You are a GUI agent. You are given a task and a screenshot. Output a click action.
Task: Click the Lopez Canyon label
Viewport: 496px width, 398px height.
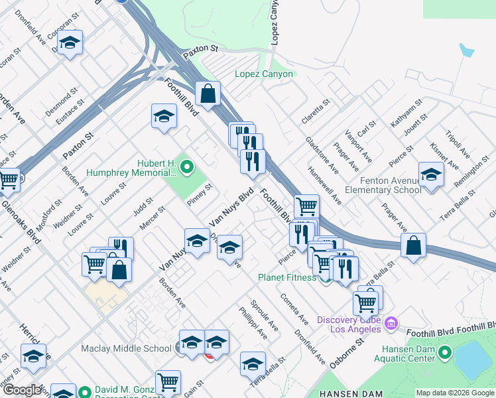[264, 74]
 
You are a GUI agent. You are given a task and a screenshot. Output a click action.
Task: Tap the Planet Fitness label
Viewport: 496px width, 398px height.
[287, 277]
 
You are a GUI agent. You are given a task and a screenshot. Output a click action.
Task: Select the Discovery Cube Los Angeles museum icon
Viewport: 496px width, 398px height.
[391, 323]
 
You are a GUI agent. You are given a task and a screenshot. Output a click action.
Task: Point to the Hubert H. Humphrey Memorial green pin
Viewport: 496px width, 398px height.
[186, 166]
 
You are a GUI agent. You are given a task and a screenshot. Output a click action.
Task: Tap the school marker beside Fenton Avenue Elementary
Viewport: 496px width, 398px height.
[432, 175]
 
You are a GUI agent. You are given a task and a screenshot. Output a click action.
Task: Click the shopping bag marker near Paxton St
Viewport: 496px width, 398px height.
[208, 94]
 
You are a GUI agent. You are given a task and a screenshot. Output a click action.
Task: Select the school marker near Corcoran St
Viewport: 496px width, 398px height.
[69, 43]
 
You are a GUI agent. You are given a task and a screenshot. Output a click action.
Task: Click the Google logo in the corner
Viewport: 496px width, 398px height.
[22, 390]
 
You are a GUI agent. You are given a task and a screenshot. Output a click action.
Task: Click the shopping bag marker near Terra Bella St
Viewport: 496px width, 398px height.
[413, 245]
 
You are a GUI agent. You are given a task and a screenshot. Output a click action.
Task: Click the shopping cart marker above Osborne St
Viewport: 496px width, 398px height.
[365, 303]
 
